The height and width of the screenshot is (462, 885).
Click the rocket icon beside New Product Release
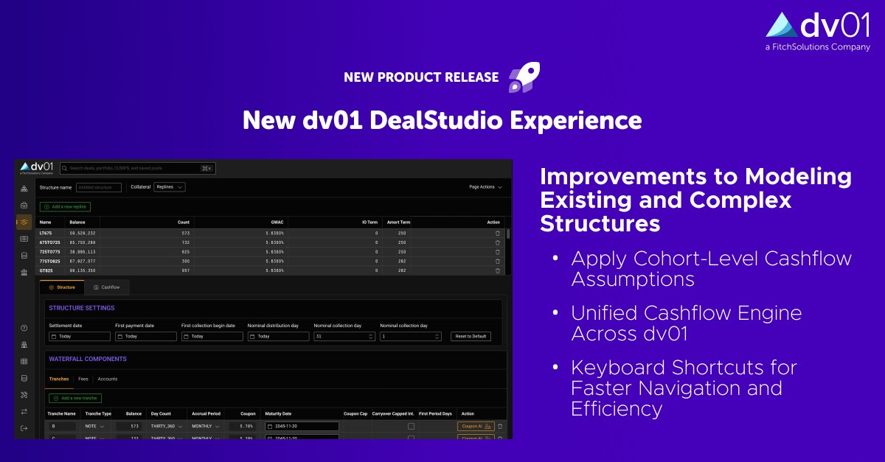524,77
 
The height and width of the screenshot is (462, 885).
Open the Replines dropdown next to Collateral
169,187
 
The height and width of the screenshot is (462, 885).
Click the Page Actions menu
485,187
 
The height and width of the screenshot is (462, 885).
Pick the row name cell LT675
46,233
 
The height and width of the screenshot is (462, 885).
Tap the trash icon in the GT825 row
497,270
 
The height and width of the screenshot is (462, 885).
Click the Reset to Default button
471,336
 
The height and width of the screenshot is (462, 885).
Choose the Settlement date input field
80,336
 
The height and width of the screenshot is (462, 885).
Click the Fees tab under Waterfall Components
83,379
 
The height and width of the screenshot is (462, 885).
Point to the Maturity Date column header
278,413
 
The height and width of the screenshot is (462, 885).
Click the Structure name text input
99,187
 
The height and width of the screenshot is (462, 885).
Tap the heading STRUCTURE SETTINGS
82,308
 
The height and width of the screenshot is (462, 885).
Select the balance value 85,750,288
83,242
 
